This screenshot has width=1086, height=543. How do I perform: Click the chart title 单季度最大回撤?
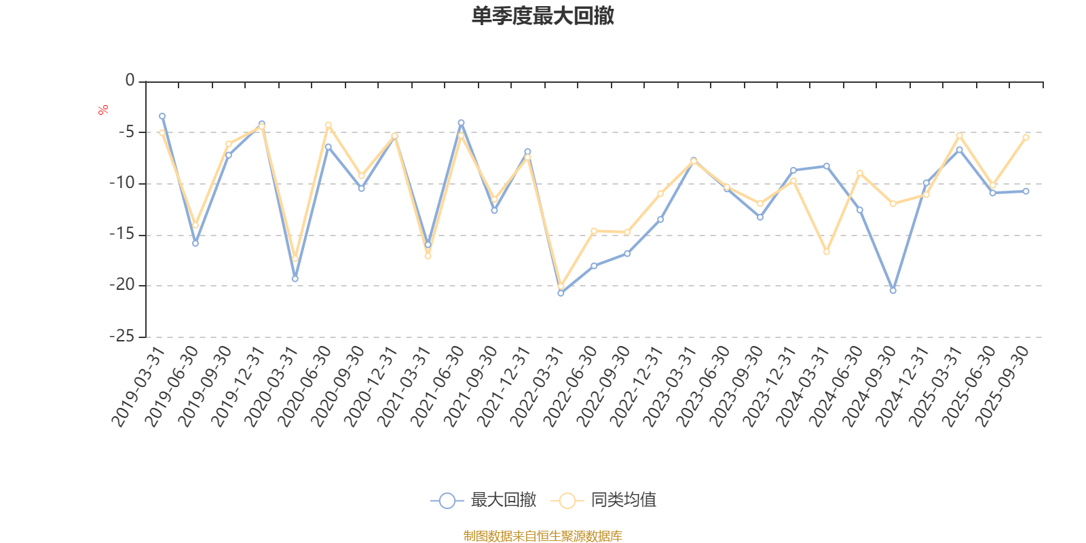coord(542,16)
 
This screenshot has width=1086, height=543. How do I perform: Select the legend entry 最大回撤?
coord(483,501)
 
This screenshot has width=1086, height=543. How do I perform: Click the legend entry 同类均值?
coord(603,501)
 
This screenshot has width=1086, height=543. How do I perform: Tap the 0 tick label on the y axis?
coord(130,81)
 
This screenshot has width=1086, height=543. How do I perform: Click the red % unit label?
coord(103,110)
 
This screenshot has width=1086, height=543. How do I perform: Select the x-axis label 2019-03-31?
coord(139,386)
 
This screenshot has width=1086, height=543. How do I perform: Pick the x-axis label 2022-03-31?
coord(538,386)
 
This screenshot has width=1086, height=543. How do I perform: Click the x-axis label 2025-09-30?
coord(1003,386)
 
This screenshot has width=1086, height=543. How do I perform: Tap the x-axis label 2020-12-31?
coord(372,386)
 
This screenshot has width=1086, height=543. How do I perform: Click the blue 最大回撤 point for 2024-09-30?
coord(893,291)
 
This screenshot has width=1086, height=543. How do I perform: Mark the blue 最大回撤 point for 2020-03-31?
coord(295,279)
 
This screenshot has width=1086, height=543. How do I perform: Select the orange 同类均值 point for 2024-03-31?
coord(826,252)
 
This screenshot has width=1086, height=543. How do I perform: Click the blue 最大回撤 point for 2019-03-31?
coord(162,116)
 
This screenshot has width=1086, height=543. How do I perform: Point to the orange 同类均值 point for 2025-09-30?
coord(1026,137)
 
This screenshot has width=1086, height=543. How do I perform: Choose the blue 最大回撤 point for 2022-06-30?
coord(594,265)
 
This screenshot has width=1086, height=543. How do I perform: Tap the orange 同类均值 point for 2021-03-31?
coord(428,256)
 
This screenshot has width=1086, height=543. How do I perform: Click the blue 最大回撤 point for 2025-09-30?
coord(1026,191)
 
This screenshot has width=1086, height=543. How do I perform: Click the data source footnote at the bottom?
coord(542,536)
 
